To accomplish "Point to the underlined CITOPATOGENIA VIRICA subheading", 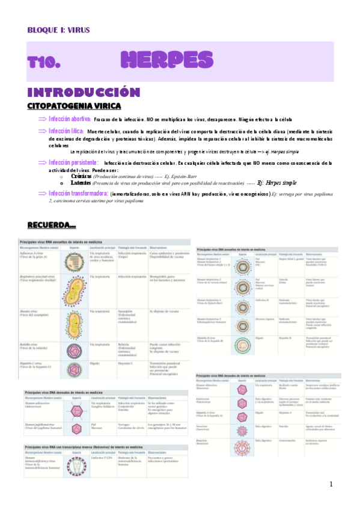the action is (x=75, y=106).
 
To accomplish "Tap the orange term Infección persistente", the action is (x=73, y=162).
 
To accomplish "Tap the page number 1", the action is (x=331, y=484).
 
